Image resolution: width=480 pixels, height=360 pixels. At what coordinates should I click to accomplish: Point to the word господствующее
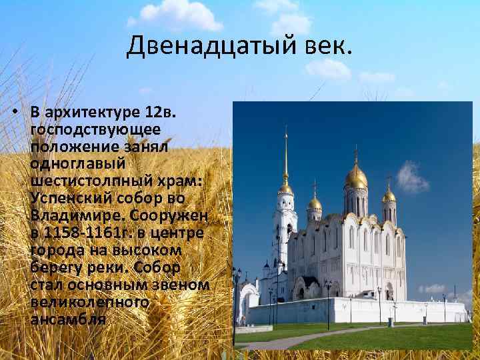tap(93, 127)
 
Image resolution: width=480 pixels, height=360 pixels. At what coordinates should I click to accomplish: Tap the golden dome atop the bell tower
tap(286, 187)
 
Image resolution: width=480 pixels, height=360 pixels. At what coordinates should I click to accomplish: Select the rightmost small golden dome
tap(389, 195)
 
